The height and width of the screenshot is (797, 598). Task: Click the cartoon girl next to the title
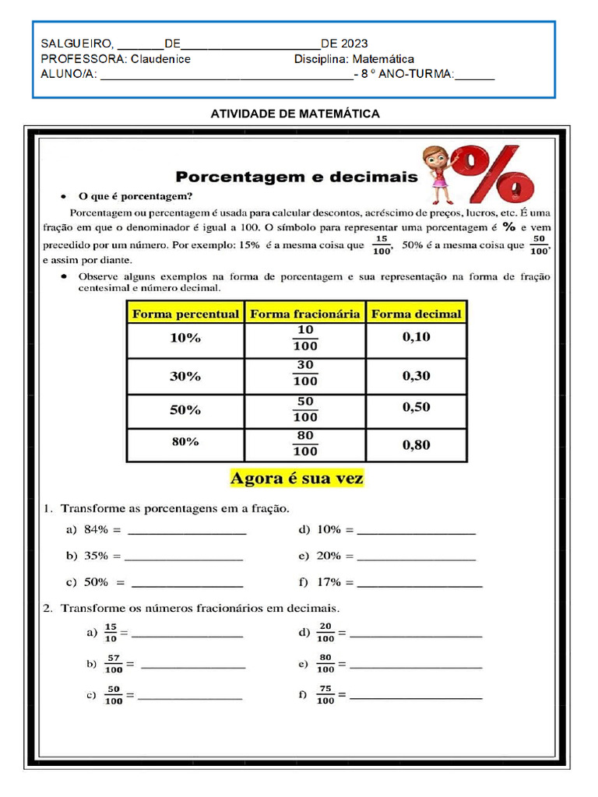click(x=438, y=174)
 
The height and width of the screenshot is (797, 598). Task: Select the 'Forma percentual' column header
click(x=185, y=314)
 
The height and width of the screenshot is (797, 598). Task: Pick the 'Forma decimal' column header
click(x=416, y=314)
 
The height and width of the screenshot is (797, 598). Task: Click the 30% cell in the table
click(x=185, y=376)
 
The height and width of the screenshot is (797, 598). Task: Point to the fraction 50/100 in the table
click(x=305, y=409)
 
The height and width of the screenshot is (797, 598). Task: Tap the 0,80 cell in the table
click(x=416, y=445)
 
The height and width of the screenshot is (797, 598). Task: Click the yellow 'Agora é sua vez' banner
click(x=297, y=478)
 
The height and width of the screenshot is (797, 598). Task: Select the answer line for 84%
click(x=186, y=533)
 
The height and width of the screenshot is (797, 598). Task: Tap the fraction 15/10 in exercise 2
click(x=110, y=633)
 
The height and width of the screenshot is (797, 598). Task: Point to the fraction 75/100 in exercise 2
click(x=325, y=694)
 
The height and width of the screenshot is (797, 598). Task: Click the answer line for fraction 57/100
click(x=192, y=667)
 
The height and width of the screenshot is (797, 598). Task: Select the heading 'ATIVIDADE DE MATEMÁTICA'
click(x=295, y=114)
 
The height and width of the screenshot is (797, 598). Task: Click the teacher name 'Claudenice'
click(x=160, y=59)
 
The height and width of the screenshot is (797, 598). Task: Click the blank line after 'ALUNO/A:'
click(x=226, y=75)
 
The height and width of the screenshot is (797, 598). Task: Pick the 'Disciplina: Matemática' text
click(x=354, y=59)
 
